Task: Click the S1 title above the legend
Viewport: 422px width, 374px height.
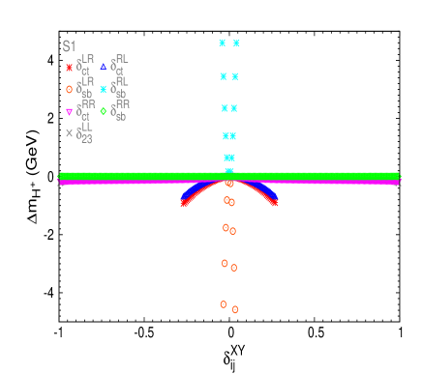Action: pyautogui.click(x=69, y=45)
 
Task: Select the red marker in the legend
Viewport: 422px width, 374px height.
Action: pyautogui.click(x=69, y=68)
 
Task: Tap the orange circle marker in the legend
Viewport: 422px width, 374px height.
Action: pyautogui.click(x=69, y=89)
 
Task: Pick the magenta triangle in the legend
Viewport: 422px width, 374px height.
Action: pyautogui.click(x=69, y=112)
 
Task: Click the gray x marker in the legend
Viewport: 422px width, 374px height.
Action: pyautogui.click(x=69, y=133)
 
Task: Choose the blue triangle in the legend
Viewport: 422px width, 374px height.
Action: pyautogui.click(x=104, y=67)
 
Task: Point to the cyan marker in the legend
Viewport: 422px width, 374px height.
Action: pyautogui.click(x=104, y=89)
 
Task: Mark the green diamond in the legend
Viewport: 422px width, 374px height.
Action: pyautogui.click(x=104, y=111)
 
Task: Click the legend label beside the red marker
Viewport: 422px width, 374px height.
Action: pyautogui.click(x=84, y=66)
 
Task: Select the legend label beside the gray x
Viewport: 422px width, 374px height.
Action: pyautogui.click(x=84, y=132)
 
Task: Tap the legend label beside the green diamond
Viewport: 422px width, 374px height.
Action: pyautogui.click(x=121, y=109)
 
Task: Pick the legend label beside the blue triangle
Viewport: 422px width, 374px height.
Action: pyautogui.click(x=120, y=65)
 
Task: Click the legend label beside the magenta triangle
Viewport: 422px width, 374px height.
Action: pyautogui.click(x=84, y=110)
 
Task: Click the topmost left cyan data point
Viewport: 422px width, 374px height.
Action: pyautogui.click(x=223, y=43)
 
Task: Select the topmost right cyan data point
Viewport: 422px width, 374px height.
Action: pyautogui.click(x=236, y=43)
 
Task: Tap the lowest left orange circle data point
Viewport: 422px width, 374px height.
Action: pyautogui.click(x=224, y=304)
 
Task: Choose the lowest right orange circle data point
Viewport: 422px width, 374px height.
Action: pyautogui.click(x=235, y=309)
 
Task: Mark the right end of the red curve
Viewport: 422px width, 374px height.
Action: pyautogui.click(x=274, y=203)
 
